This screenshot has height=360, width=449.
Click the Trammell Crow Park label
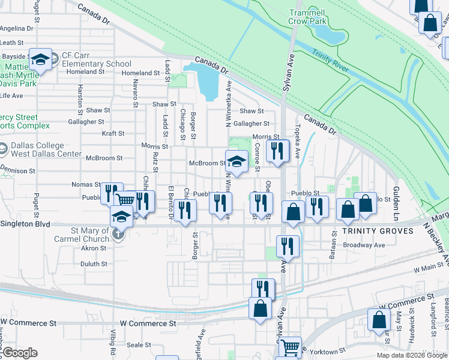click(x=308, y=17)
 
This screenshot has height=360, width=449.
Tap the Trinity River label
click(x=331, y=62)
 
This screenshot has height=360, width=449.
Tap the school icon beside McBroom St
click(x=237, y=161)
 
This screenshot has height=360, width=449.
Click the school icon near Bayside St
click(x=41, y=59)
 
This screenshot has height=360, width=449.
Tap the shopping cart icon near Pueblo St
click(x=125, y=200)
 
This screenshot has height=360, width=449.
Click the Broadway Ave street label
click(x=364, y=245)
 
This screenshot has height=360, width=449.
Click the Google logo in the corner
click(x=20, y=353)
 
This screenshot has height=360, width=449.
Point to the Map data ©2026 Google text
click(x=411, y=355)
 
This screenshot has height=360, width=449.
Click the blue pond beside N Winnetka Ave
click(x=206, y=81)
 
